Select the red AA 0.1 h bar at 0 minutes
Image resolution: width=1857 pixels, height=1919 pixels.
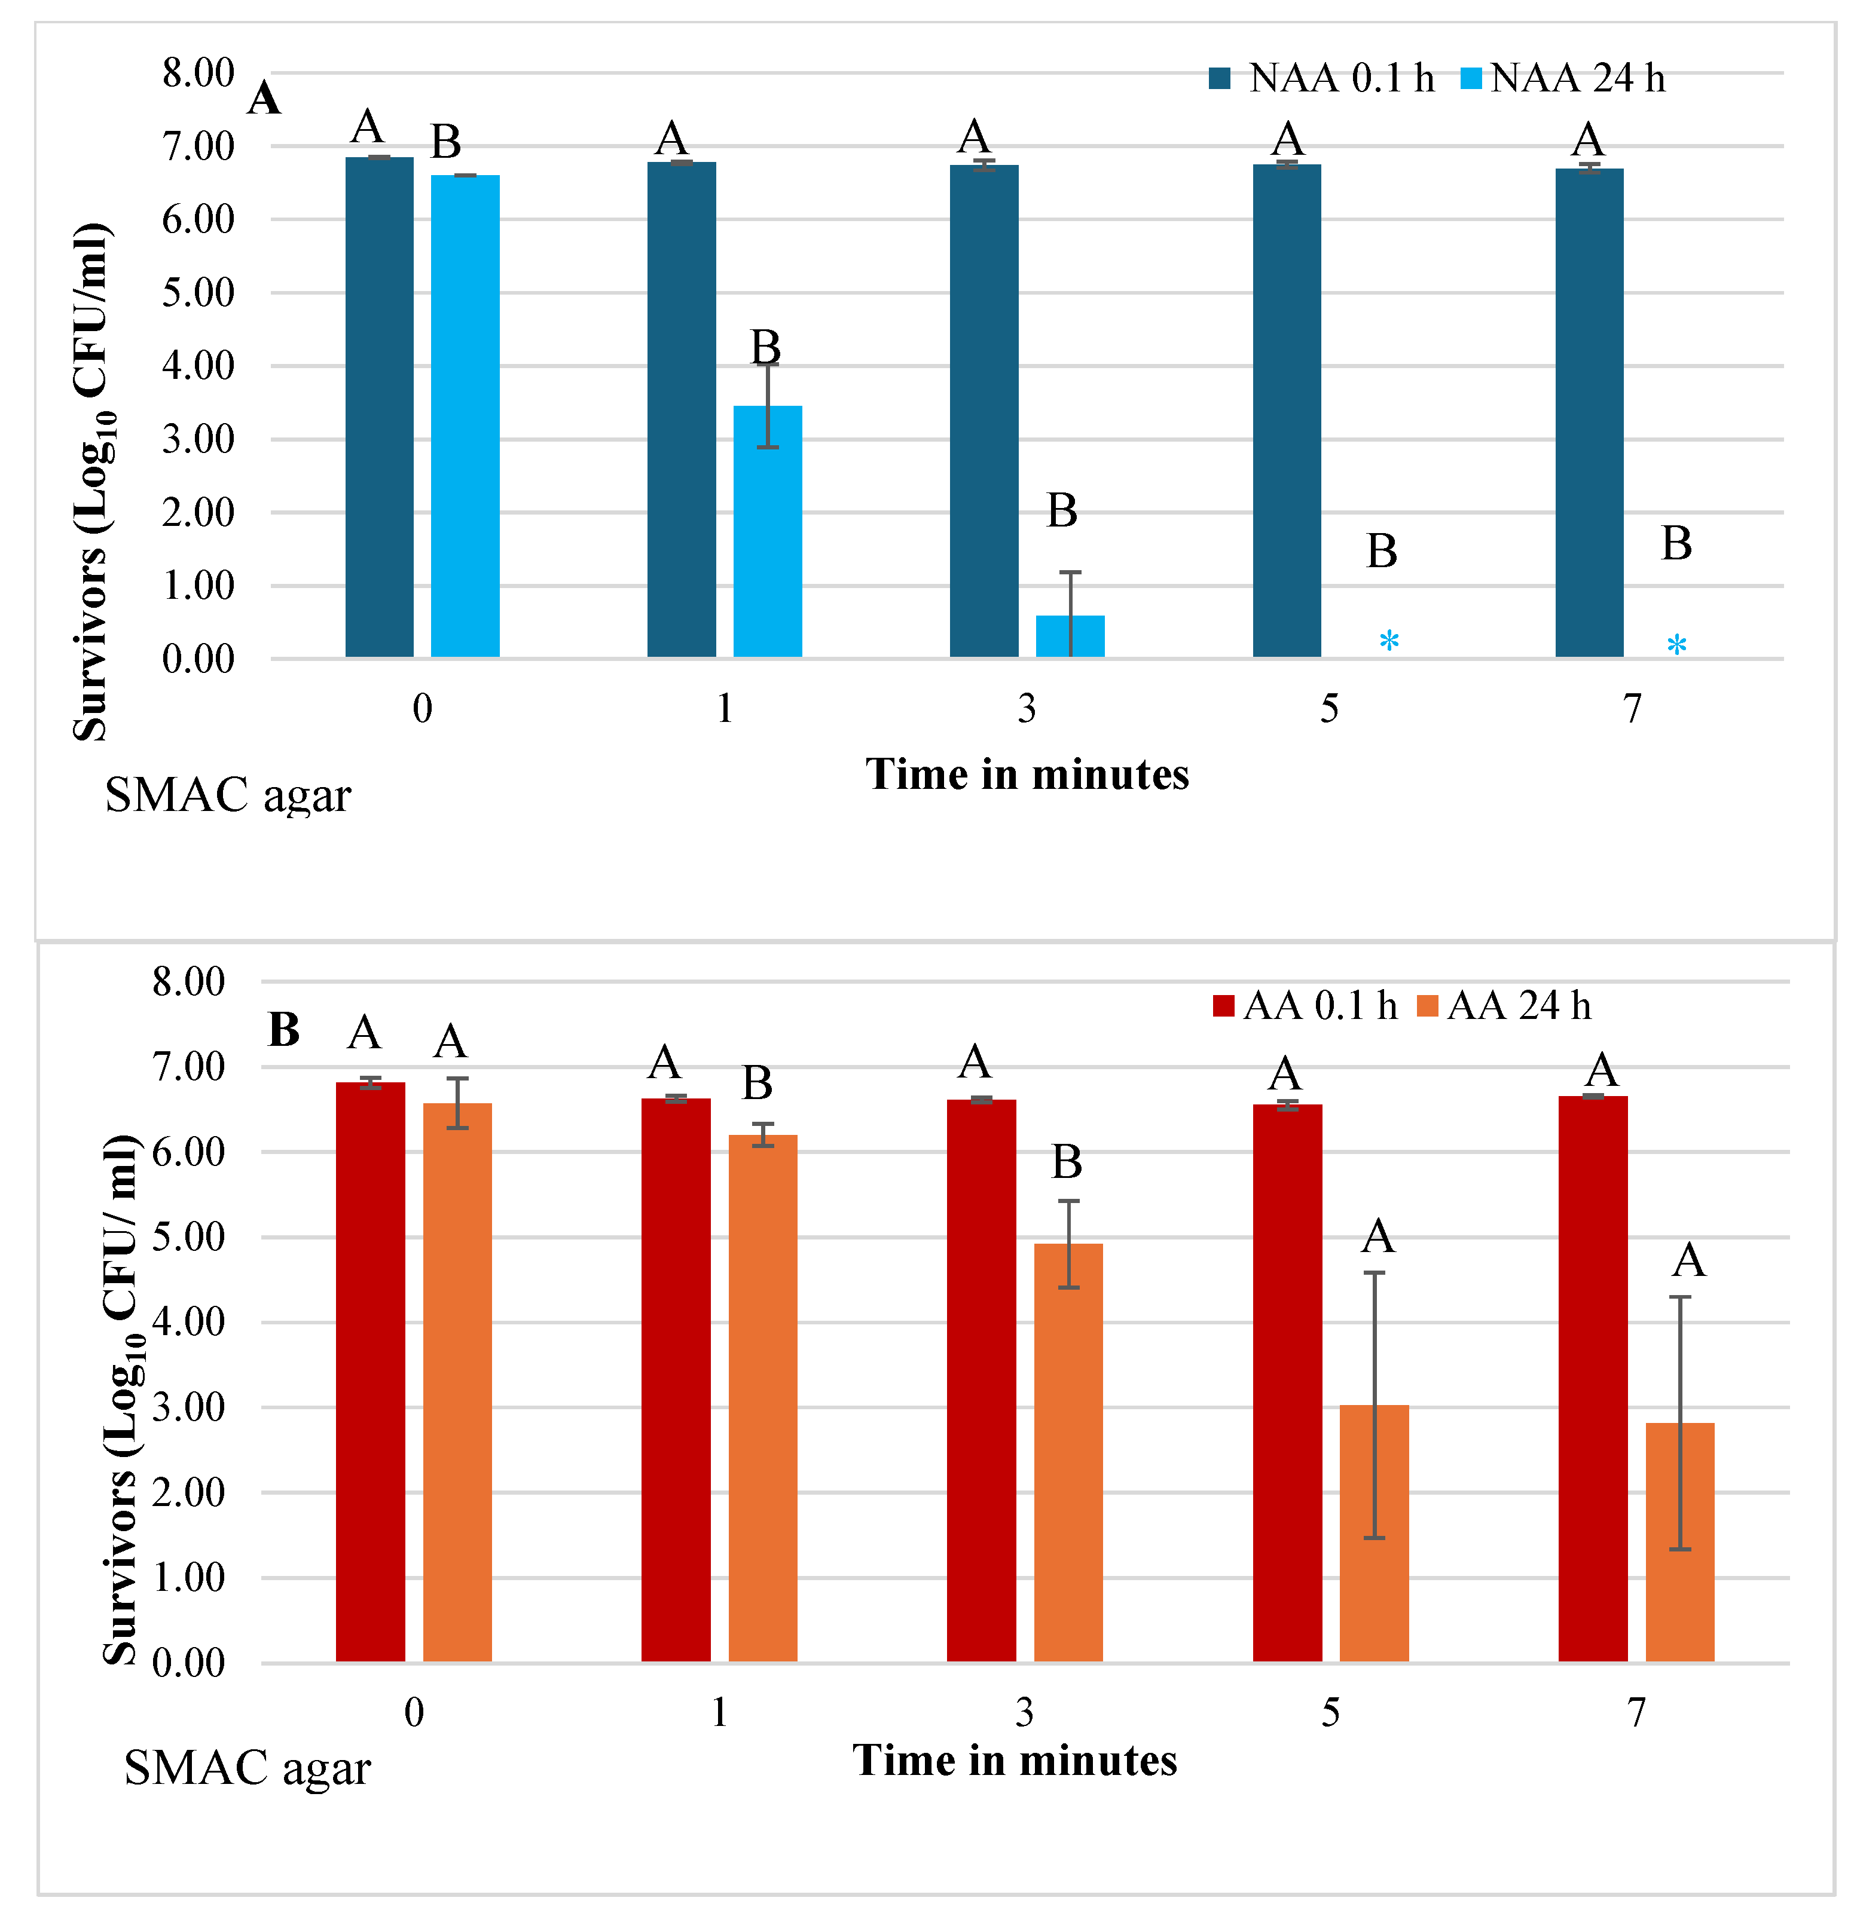coord(370,1371)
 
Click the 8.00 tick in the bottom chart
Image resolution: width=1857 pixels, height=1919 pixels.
coord(188,981)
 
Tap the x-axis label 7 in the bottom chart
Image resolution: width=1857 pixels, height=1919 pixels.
coord(1636,1712)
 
